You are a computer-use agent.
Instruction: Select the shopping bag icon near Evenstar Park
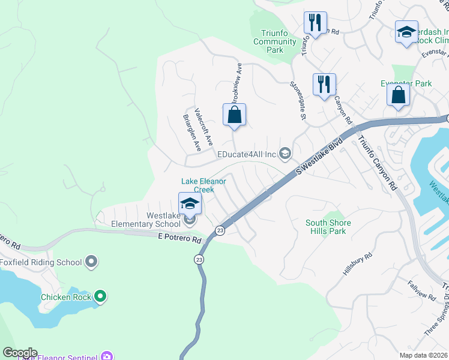click(398, 95)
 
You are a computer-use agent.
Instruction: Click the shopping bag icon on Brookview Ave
click(235, 115)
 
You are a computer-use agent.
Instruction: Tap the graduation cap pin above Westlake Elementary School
click(190, 205)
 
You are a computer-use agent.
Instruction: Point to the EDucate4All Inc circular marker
click(285, 154)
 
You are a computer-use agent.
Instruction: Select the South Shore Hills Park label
click(328, 227)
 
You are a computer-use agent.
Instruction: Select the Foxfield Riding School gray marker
click(91, 262)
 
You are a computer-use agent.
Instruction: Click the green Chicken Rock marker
click(100, 296)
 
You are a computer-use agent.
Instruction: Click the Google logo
click(19, 353)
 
